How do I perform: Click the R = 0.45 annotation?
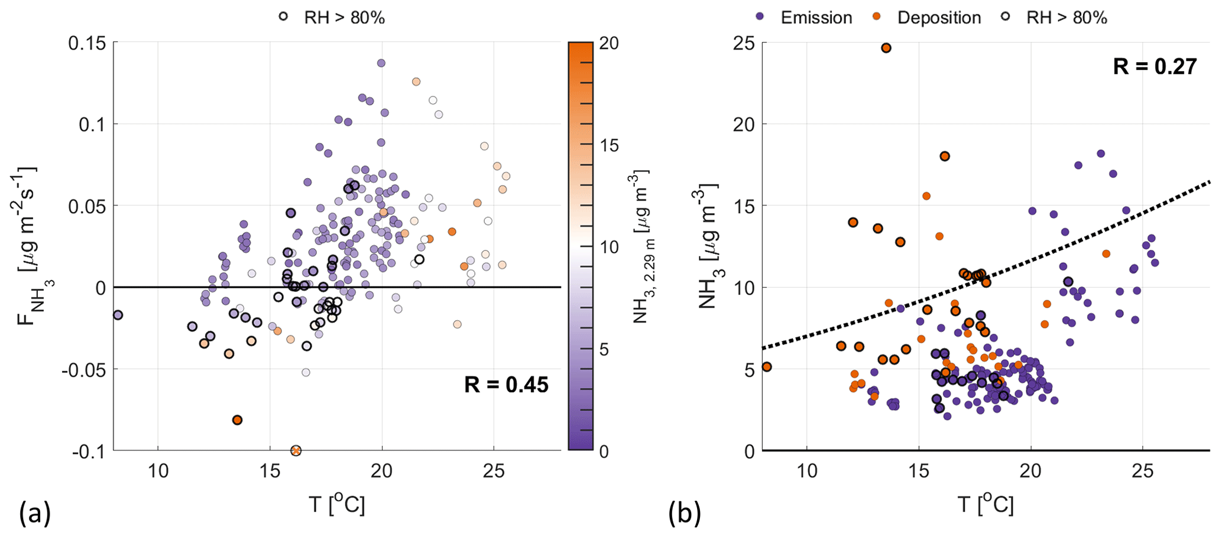pyautogui.click(x=506, y=385)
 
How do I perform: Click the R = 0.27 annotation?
pyautogui.click(x=1155, y=66)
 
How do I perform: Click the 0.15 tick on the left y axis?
pyautogui.click(x=87, y=43)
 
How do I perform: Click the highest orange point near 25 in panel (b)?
pyautogui.click(x=886, y=48)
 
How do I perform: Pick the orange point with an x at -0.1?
pyautogui.click(x=296, y=450)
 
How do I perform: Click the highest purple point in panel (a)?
pyautogui.click(x=381, y=63)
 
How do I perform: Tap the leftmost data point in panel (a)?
pyautogui.click(x=118, y=315)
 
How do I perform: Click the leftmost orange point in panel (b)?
pyautogui.click(x=767, y=367)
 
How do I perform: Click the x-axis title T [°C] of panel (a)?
pyautogui.click(x=337, y=505)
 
